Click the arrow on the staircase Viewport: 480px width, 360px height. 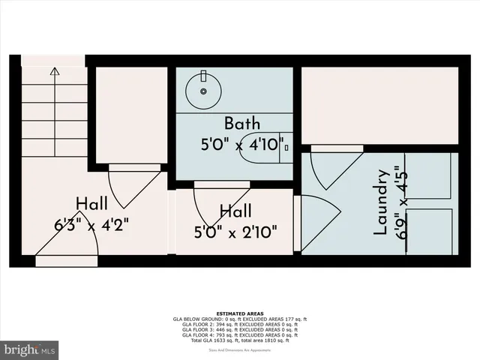[x=54, y=73]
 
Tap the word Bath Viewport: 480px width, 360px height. [x=242, y=122]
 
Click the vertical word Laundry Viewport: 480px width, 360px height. [x=381, y=202]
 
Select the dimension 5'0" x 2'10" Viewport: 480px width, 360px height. [x=241, y=230]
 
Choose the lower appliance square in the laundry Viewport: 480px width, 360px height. [x=429, y=231]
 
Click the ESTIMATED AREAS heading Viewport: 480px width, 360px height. [x=240, y=313]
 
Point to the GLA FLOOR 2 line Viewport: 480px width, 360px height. [x=240, y=324]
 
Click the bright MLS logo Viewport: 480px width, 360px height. [x=30, y=349]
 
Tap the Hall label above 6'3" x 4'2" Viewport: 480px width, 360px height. [x=91, y=203]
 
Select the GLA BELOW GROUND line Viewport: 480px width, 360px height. [x=240, y=319]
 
